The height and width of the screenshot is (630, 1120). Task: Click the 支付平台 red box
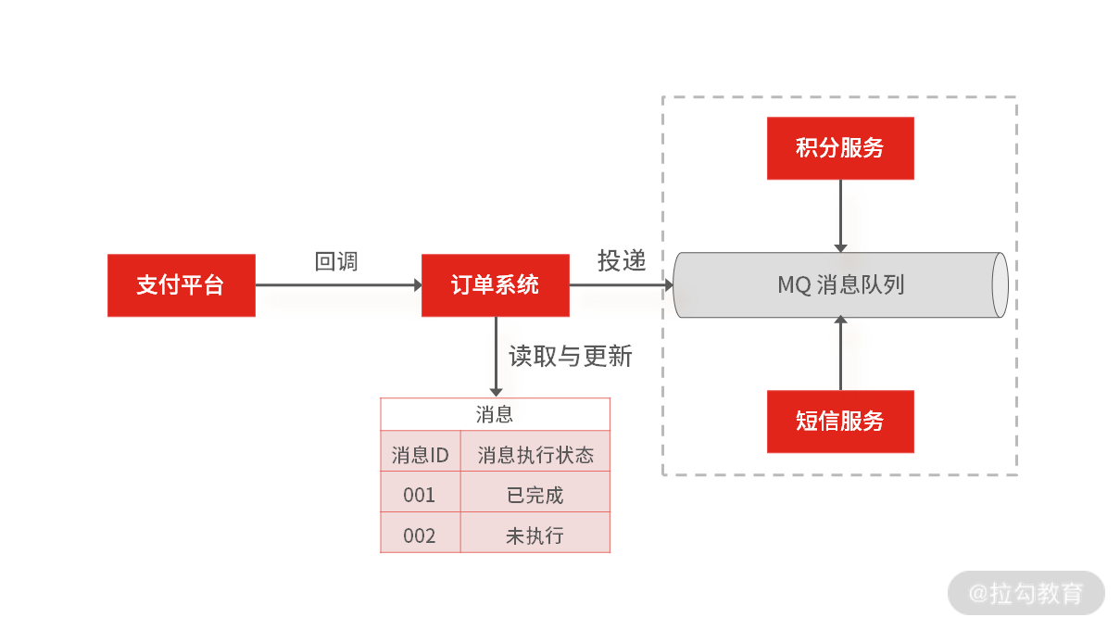(181, 285)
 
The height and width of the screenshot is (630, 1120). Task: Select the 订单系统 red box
(495, 285)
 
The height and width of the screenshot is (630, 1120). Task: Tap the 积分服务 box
(840, 148)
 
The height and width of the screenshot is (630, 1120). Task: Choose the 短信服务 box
(840, 422)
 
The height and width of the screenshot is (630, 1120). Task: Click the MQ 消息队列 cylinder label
(840, 284)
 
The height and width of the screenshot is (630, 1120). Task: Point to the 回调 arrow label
(336, 261)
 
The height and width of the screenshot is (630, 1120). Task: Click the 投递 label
(621, 261)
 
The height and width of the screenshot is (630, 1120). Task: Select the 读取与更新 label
(570, 356)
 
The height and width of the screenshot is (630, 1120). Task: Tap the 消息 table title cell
(495, 414)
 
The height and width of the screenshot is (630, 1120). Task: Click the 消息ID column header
(420, 455)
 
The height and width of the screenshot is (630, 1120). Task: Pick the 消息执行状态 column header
(535, 455)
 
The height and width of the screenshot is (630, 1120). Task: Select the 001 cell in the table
(420, 496)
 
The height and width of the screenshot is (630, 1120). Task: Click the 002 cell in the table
(420, 535)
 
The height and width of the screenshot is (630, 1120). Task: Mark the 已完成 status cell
(535, 496)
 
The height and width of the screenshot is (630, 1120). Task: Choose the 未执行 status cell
(535, 535)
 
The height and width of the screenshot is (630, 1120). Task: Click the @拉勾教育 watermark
(1026, 593)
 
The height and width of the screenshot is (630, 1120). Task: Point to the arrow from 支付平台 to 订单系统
(338, 285)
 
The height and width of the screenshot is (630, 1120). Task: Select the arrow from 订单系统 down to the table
(496, 357)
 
